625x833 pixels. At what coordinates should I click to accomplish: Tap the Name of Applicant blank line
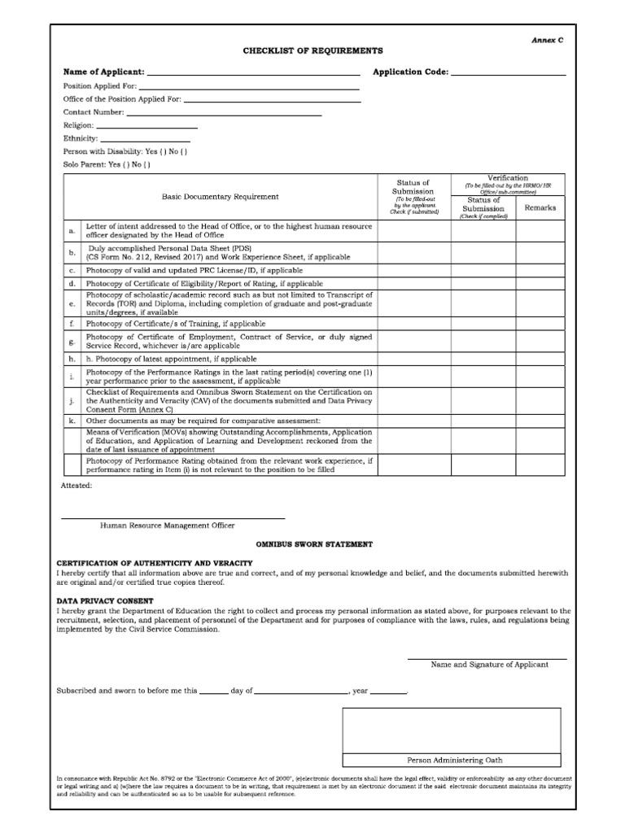click(253, 72)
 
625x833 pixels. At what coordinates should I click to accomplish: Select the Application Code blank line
click(508, 72)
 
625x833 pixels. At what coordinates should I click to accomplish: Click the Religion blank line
click(147, 125)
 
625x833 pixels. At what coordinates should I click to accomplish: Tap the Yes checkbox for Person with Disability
click(163, 151)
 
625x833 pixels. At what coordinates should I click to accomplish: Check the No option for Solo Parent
click(147, 164)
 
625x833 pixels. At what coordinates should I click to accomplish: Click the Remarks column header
click(540, 207)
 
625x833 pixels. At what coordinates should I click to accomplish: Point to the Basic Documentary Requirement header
click(220, 196)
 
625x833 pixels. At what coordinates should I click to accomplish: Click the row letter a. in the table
click(72, 231)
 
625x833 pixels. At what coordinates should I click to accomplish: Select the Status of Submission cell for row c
click(414, 269)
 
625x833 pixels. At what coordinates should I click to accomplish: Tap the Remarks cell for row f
click(540, 323)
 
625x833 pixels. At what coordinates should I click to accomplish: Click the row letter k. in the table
click(72, 421)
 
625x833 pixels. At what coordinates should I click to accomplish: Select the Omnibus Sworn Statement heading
click(314, 543)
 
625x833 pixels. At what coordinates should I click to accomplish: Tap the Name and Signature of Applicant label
click(489, 665)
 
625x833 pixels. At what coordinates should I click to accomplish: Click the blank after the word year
click(388, 691)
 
